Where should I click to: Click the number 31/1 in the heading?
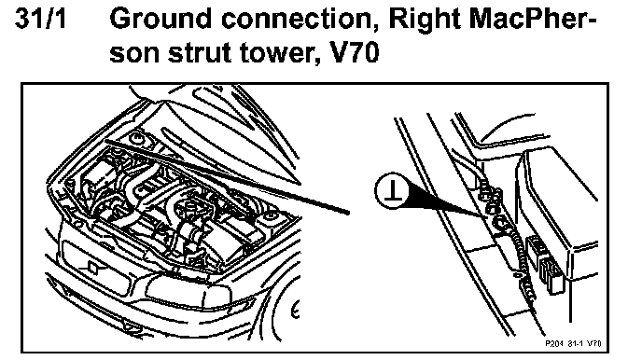[40, 20]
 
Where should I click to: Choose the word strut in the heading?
[201, 53]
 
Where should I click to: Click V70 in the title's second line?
[354, 53]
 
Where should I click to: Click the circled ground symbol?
[392, 190]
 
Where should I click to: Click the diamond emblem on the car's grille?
[93, 268]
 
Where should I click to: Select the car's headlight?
[189, 290]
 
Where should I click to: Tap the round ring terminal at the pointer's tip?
[500, 223]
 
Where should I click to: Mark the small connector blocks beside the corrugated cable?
[545, 262]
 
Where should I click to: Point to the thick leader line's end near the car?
[348, 212]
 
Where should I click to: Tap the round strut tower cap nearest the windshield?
[136, 139]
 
